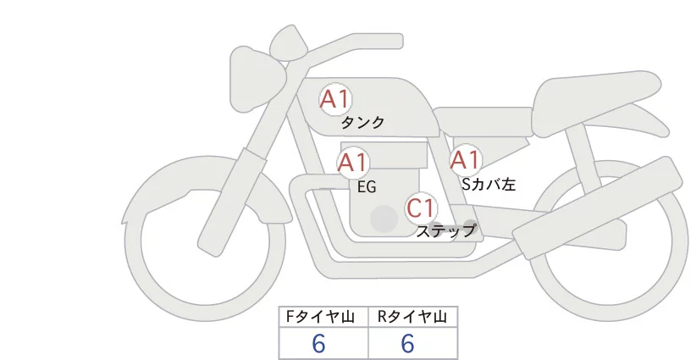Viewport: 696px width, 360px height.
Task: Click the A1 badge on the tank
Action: (x=335, y=99)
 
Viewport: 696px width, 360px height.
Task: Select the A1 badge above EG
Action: (x=353, y=163)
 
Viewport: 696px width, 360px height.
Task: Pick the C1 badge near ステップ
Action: (x=421, y=208)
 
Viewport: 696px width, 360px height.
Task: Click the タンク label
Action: (x=362, y=123)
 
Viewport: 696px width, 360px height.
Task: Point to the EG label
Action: (x=367, y=186)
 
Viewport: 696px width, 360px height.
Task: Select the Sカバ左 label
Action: (x=489, y=183)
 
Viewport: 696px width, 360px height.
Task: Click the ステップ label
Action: (x=446, y=230)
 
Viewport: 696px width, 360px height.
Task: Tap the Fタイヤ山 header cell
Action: (x=323, y=317)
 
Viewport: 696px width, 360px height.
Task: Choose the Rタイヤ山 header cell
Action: (x=412, y=317)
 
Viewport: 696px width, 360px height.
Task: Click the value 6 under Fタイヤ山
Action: (x=319, y=344)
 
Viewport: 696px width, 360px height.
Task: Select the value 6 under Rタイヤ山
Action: (x=407, y=344)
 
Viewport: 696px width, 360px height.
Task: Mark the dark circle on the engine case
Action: (x=384, y=219)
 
